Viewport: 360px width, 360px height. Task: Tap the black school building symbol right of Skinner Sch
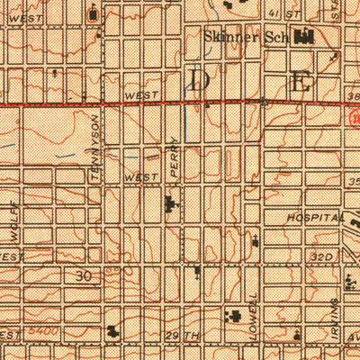point(302,37)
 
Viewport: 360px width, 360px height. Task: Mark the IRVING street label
point(334,316)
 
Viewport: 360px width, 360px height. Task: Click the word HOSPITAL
point(315,219)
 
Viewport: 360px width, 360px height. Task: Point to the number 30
point(85,275)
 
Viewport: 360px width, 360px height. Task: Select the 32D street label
point(323,256)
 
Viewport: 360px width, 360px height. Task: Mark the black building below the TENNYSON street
point(112,330)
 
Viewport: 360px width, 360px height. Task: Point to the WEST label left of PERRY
point(142,178)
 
